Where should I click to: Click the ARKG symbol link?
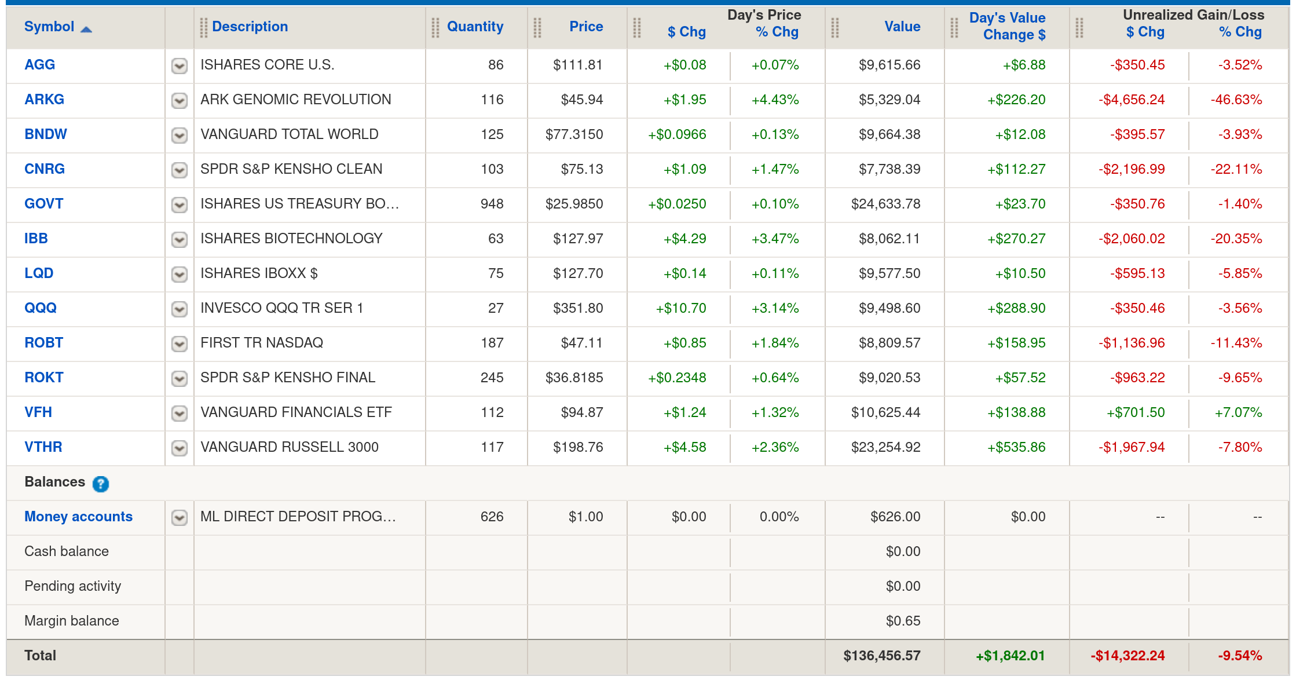tap(44, 100)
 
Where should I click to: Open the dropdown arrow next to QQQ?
tap(180, 309)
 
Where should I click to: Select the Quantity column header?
tap(475, 27)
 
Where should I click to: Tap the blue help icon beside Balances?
tap(100, 484)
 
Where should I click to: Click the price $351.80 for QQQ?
tap(577, 308)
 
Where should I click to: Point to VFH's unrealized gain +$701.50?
tap(1135, 412)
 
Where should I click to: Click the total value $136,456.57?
tap(881, 656)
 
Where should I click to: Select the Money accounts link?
tap(78, 517)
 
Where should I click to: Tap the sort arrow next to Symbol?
tap(86, 29)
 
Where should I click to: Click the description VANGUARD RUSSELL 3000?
tap(289, 447)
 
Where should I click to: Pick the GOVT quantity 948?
tap(492, 204)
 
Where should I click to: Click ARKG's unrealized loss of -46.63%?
tap(1236, 100)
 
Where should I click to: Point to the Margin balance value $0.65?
tap(903, 621)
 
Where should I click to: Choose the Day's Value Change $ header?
tap(1008, 27)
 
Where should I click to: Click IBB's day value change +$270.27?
tap(1016, 239)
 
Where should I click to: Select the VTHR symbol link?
tap(43, 447)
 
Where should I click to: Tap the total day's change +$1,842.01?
tap(1010, 656)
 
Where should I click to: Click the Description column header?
tap(250, 27)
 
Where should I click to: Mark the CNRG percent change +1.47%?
tap(775, 169)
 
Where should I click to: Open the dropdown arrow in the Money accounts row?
tap(180, 517)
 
